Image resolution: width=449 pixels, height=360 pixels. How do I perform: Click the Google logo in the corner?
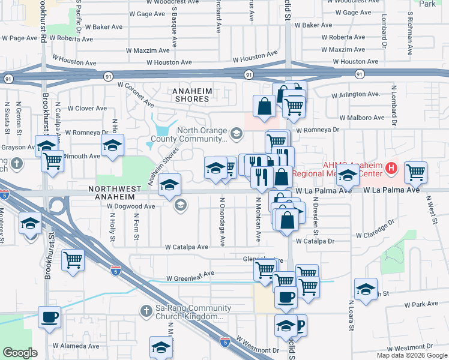point(20,353)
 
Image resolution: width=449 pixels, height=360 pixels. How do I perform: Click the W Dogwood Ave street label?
point(131,206)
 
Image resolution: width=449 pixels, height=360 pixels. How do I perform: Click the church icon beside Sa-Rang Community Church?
point(145,311)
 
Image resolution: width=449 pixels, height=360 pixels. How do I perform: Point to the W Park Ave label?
point(416,304)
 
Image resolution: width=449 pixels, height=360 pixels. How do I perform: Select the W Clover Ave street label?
point(87,109)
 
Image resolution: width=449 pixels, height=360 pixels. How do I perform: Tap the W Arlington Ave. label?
point(356,94)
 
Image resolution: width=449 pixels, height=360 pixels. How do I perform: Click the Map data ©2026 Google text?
point(411,355)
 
